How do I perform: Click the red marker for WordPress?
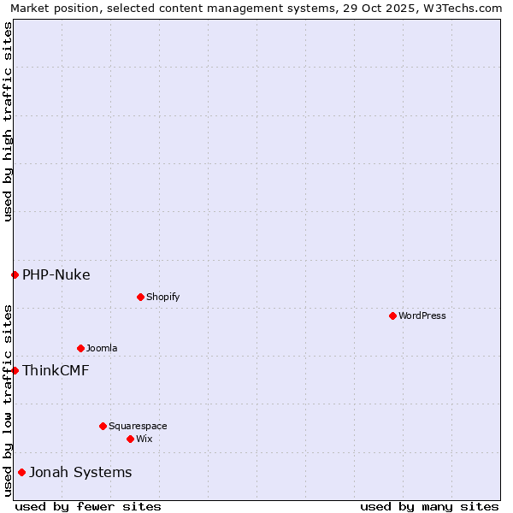pos(392,315)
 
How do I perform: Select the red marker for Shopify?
pos(140,297)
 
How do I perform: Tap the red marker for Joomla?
pos(80,348)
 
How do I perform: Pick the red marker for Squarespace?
pos(103,426)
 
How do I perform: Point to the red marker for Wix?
pos(130,439)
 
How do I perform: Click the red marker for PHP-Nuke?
pos(15,274)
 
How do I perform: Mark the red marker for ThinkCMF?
pos(15,370)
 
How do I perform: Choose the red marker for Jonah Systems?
pos(21,472)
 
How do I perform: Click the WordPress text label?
pos(422,315)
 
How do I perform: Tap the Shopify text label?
pos(162,297)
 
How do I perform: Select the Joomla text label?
pos(102,348)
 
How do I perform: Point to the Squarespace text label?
pos(138,426)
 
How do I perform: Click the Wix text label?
pos(144,439)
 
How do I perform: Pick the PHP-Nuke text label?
pos(56,274)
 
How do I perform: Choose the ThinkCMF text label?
pos(56,370)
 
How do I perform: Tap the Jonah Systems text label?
pos(80,472)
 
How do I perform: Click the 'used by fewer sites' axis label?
pos(88,506)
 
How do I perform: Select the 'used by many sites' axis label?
pos(429,506)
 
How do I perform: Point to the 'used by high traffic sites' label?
pos(8,121)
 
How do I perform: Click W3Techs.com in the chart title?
pos(462,8)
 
